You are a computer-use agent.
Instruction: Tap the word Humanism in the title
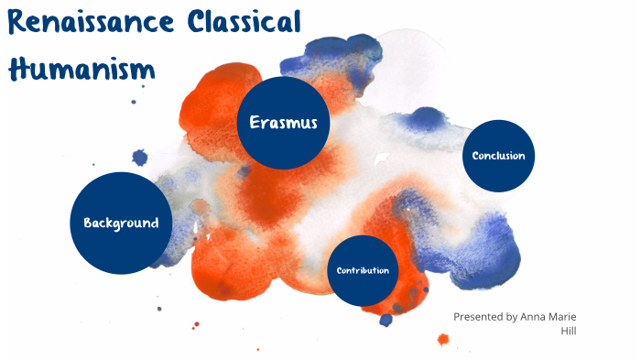(80, 67)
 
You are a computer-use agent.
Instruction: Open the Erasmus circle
(283, 123)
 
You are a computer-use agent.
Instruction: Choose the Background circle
(121, 223)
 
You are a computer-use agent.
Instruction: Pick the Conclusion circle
(498, 156)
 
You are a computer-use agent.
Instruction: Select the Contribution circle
(363, 270)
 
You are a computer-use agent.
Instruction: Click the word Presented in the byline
(479, 317)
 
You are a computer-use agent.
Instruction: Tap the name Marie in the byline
(566, 317)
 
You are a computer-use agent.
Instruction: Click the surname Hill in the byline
(569, 331)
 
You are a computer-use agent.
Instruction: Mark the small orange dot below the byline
(443, 340)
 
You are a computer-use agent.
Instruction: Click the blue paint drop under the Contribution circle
(386, 320)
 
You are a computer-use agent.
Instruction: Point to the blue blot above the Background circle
(139, 157)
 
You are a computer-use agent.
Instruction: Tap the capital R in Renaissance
(16, 24)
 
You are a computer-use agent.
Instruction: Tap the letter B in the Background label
(88, 223)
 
